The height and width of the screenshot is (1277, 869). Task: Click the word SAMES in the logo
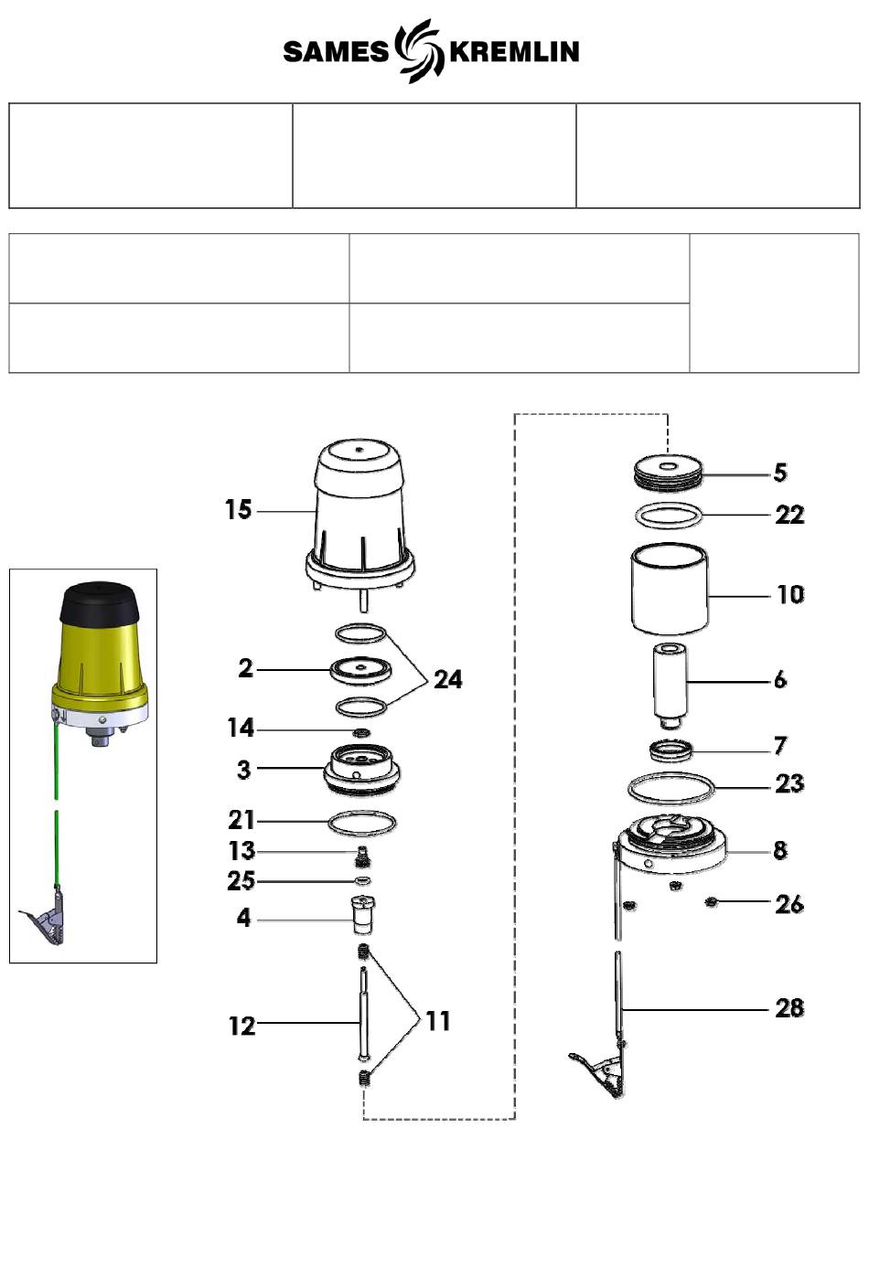point(336,51)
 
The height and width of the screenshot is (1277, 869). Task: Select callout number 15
point(238,510)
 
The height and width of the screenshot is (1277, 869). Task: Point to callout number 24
point(448,679)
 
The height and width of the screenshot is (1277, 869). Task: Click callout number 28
point(789,1008)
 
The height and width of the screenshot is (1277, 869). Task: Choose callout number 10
point(790,595)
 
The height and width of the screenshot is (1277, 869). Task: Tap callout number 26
point(789,904)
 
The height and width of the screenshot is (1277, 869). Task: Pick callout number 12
point(241,1027)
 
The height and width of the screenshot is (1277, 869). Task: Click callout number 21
point(241,820)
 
